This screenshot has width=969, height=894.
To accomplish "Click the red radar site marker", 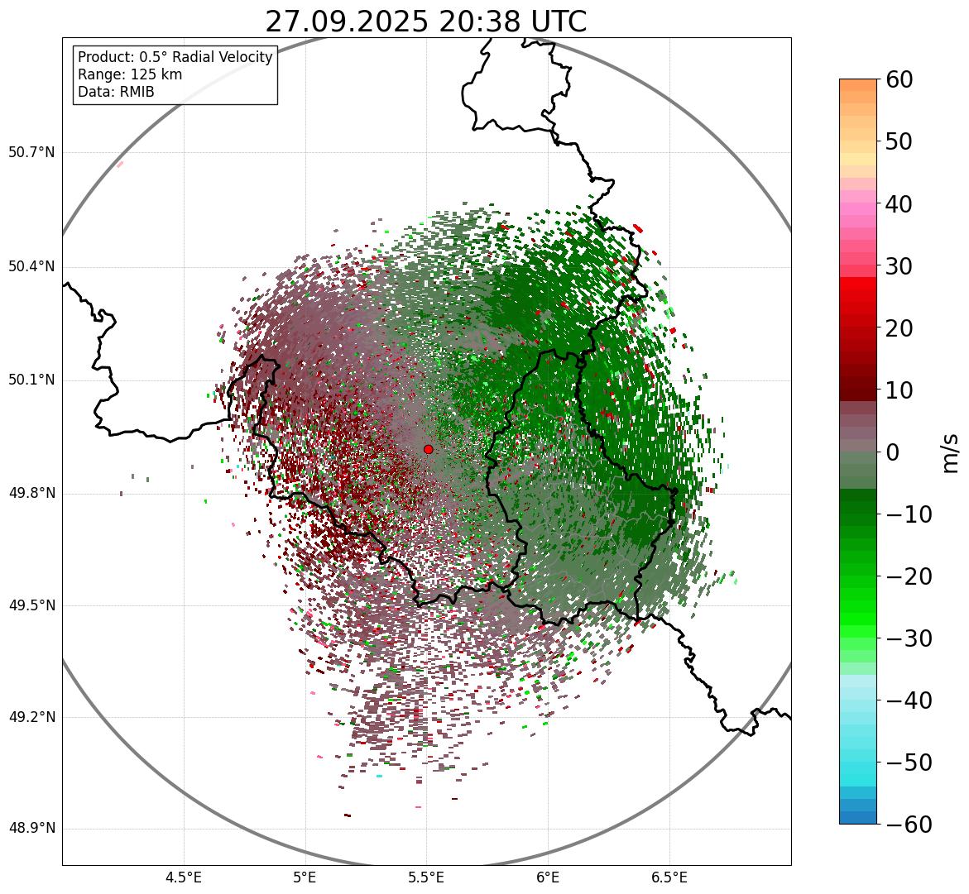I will pyautogui.click(x=428, y=449).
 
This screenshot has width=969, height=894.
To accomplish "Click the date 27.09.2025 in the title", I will pyautogui.click(x=346, y=22).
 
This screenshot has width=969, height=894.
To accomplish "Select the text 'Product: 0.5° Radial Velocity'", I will pyautogui.click(x=175, y=57).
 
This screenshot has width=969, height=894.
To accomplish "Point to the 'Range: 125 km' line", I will pyautogui.click(x=130, y=74).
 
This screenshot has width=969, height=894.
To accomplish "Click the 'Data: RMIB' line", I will pyautogui.click(x=116, y=92).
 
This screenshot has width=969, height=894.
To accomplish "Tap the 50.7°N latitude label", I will pyautogui.click(x=31, y=153).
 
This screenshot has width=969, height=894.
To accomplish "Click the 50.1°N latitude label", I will pyautogui.click(x=31, y=380).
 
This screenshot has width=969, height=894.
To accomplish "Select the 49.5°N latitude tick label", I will pyautogui.click(x=31, y=605).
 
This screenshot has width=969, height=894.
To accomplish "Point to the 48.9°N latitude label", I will pyautogui.click(x=31, y=829).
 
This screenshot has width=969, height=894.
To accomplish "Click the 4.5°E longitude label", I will pyautogui.click(x=184, y=877).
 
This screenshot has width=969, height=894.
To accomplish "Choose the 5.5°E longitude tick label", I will pyautogui.click(x=426, y=877).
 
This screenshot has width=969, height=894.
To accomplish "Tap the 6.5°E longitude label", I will pyautogui.click(x=669, y=877).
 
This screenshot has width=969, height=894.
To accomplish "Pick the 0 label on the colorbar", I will pyautogui.click(x=893, y=452).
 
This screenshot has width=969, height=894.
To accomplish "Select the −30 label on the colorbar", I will pyautogui.click(x=909, y=638).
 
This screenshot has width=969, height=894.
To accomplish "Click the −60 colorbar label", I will pyautogui.click(x=909, y=825).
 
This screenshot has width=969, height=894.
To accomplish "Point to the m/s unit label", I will pyautogui.click(x=951, y=452).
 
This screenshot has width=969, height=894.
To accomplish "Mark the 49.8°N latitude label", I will pyautogui.click(x=31, y=494).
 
